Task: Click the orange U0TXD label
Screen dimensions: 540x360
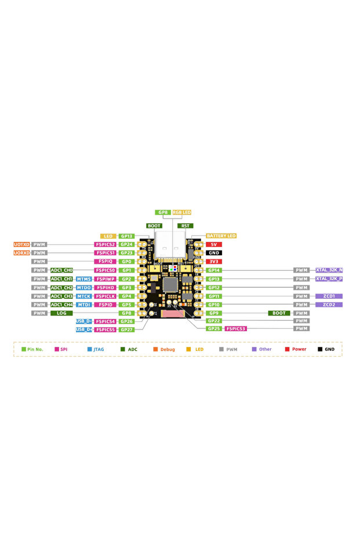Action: tap(22, 245)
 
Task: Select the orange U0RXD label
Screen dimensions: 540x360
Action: tap(22, 253)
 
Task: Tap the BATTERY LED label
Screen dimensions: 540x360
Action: tap(221, 236)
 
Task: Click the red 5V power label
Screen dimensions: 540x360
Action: tap(213, 245)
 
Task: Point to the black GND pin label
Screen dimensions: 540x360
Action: tap(213, 253)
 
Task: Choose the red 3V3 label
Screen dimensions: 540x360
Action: tap(213, 262)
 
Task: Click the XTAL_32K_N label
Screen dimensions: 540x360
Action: tap(329, 270)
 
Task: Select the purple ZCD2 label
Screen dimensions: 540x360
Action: tap(329, 305)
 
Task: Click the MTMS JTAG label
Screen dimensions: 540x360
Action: tap(84, 279)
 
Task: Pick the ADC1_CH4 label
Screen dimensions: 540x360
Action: tap(61, 305)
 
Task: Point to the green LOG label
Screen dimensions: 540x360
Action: tap(61, 313)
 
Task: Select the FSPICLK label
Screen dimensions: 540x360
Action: tap(106, 296)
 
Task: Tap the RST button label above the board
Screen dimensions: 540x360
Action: tap(186, 226)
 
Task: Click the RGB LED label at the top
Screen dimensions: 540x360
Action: tap(181, 213)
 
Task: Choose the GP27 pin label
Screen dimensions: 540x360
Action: tap(128, 329)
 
